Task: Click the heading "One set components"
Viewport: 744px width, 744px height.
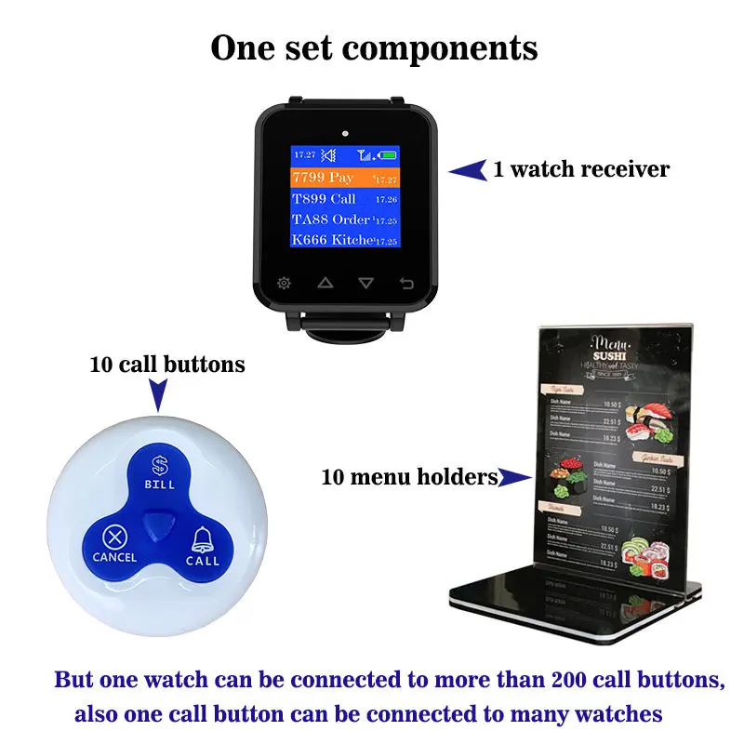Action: coord(374,47)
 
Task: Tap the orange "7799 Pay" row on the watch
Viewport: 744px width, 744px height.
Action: coord(345,178)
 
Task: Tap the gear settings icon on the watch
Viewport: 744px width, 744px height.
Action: coord(283,283)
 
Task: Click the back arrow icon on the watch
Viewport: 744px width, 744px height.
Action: coord(406,283)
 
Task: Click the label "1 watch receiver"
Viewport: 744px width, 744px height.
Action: coord(581,169)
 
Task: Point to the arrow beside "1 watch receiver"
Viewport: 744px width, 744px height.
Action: coord(469,169)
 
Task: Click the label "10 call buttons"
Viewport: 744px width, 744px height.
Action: coord(167,365)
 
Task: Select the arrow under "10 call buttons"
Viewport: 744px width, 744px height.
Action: coord(159,398)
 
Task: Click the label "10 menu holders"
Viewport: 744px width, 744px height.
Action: coord(409,478)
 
